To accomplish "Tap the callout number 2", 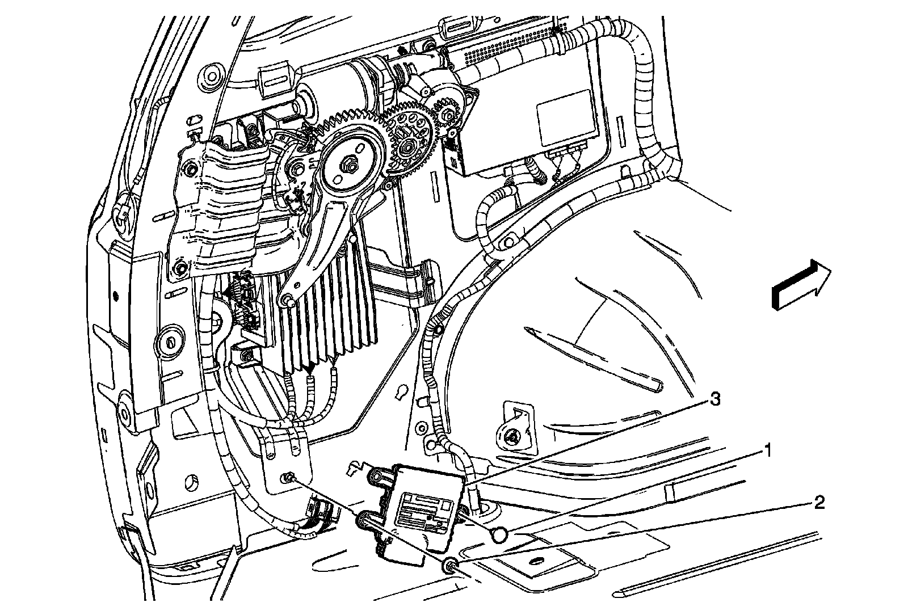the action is coord(819,503).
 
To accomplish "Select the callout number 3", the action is coord(716,400).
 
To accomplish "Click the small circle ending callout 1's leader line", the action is coord(499,534).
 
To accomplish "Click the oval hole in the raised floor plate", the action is coord(535,561).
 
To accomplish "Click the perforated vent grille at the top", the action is coord(494,48).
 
